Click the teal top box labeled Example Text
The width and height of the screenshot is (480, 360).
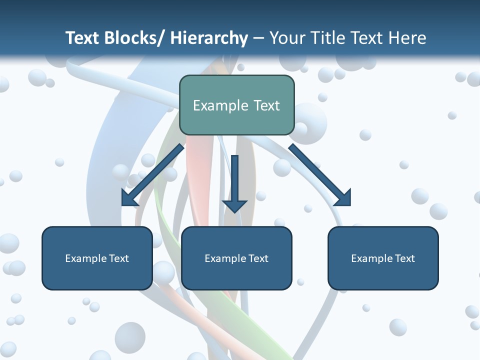[x=236, y=105]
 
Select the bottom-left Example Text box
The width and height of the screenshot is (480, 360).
[x=97, y=258]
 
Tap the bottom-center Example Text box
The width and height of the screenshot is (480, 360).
[x=236, y=258]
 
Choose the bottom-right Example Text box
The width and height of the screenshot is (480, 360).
[x=383, y=258]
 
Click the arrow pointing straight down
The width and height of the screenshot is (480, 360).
[x=234, y=182]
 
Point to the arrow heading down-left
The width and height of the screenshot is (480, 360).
[x=153, y=175]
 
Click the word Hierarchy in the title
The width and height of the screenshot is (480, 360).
[x=209, y=38]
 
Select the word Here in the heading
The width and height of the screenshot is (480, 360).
[x=407, y=38]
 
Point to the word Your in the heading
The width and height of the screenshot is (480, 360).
[x=287, y=38]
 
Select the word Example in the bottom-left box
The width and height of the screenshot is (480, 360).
[x=85, y=258]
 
